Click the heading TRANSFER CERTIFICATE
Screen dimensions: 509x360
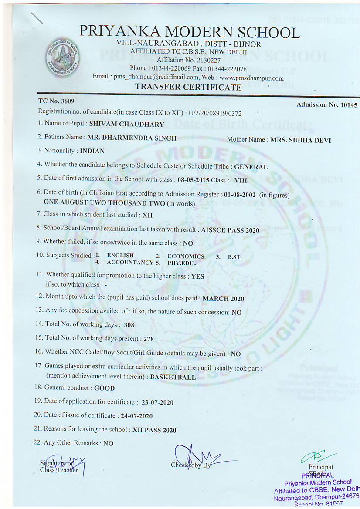[188, 87]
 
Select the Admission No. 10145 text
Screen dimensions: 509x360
[326, 105]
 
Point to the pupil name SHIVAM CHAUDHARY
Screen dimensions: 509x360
[126, 124]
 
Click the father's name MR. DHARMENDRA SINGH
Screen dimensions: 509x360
[132, 138]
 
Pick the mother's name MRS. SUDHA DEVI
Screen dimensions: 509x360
[300, 140]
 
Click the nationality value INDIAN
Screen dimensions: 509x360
[92, 151]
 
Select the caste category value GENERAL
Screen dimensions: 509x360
[251, 166]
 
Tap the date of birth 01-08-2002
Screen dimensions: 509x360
[239, 195]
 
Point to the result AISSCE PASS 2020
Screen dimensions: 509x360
[230, 230]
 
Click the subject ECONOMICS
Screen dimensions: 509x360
[186, 256]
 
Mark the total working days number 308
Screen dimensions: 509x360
[129, 325]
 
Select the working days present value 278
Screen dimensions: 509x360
[148, 339]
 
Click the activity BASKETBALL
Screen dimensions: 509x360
[173, 378]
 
